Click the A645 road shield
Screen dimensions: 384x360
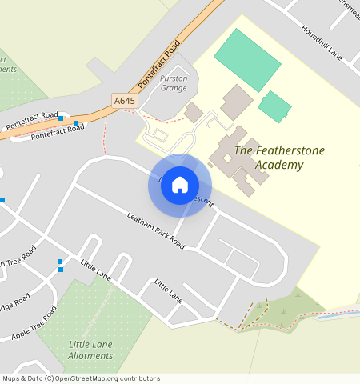tap(124, 101)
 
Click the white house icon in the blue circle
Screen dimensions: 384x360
tap(180, 185)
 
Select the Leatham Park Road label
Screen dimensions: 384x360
tap(156, 231)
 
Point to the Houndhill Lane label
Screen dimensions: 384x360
tap(321, 42)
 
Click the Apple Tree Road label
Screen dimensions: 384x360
tap(33, 324)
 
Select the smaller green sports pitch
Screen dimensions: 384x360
tap(274, 106)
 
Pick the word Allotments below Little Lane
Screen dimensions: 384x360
tap(90, 355)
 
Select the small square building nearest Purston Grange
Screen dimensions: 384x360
tap(194, 113)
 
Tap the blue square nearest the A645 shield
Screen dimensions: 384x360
tap(76, 123)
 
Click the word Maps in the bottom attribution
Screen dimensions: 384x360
tap(11, 378)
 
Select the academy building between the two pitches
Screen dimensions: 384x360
tap(236, 102)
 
